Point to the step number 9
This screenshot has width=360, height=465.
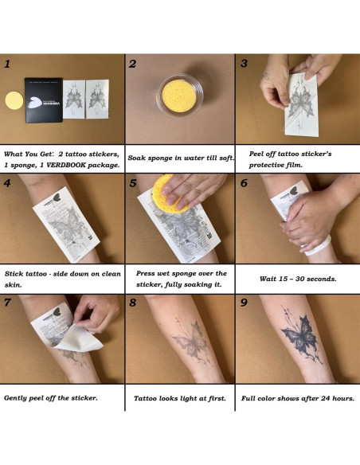coord(244,303)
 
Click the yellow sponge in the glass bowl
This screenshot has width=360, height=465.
coord(180,95)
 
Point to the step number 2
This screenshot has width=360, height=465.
coord(132,64)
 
